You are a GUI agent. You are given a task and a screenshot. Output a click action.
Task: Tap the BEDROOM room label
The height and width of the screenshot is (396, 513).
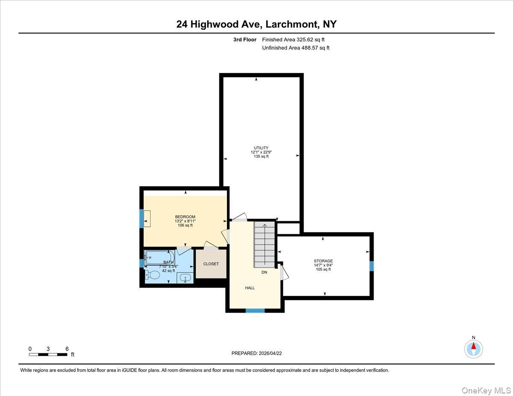coord(185,217)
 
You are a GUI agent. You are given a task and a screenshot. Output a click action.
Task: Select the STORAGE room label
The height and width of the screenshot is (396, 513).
coord(323,261)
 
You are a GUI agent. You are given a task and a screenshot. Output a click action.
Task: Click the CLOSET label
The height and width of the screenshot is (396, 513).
coord(211,264)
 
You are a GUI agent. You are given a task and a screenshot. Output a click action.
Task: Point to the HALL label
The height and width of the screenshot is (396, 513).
coord(250,288)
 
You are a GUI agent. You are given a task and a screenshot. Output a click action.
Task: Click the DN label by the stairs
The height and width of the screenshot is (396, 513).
coord(264,272)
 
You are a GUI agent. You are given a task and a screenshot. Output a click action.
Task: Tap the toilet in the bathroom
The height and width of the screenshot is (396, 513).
coord(152,275)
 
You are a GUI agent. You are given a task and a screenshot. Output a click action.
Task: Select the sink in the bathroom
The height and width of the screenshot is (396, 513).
coord(184,278)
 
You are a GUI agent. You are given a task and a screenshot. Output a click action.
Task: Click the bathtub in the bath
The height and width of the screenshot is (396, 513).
coord(159,257)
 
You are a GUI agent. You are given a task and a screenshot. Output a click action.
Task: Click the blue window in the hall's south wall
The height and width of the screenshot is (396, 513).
coord(255,311)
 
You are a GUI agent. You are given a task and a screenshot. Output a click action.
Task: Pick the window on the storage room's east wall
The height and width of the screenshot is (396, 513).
coord(371,266)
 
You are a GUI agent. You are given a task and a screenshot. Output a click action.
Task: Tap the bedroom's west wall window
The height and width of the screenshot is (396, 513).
coord(142,218)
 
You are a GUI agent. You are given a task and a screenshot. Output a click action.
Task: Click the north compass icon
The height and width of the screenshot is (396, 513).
coord(473,349)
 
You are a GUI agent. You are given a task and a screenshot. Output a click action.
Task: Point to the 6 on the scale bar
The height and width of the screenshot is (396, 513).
coord(67,349)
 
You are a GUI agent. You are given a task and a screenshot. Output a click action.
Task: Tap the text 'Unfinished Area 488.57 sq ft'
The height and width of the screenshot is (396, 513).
coord(295,48)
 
